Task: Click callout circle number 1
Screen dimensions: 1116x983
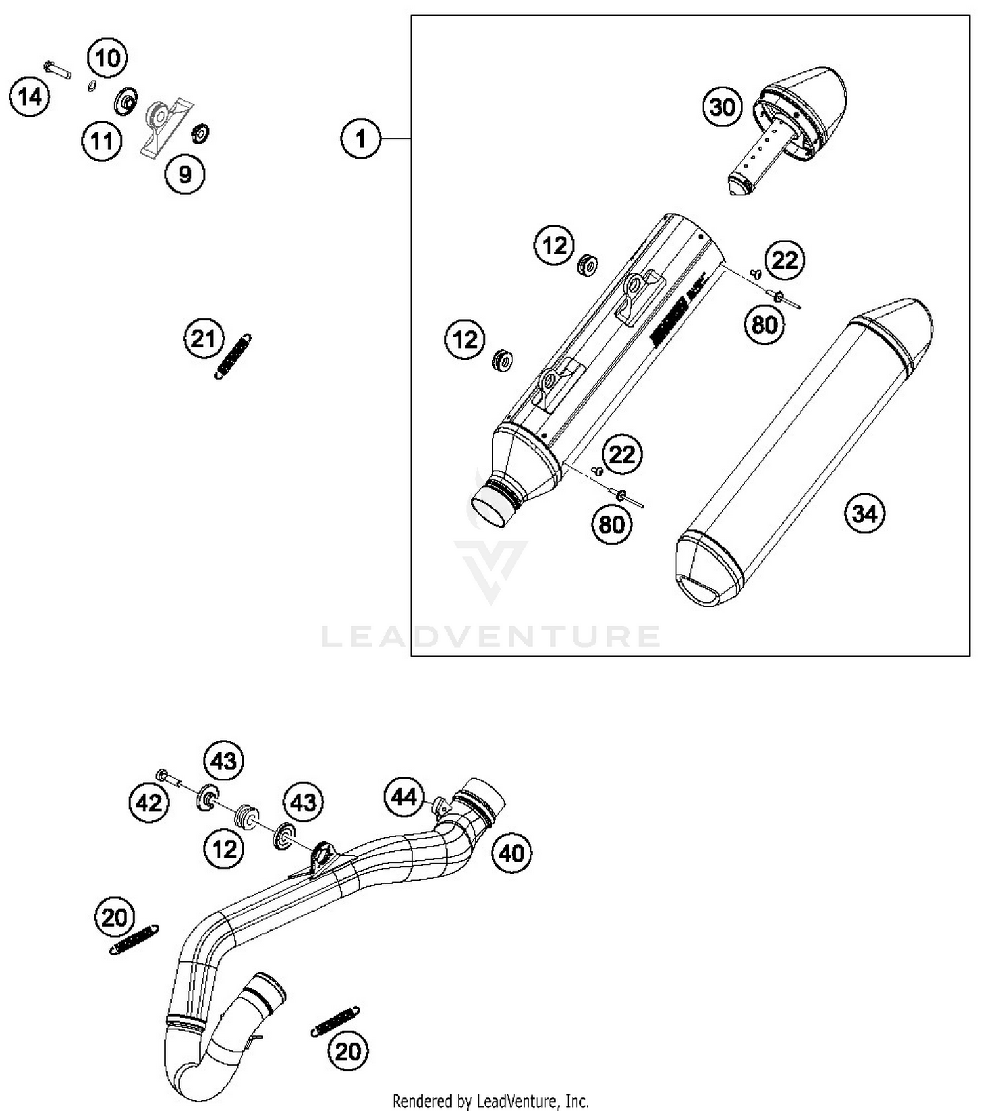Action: pyautogui.click(x=360, y=139)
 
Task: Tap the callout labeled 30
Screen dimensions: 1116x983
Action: pyautogui.click(x=722, y=107)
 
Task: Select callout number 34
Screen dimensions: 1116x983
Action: pyautogui.click(x=864, y=513)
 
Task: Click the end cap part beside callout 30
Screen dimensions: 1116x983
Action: pyautogui.click(x=793, y=118)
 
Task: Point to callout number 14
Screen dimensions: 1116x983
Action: pyautogui.click(x=29, y=98)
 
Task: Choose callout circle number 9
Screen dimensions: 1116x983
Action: pyautogui.click(x=185, y=174)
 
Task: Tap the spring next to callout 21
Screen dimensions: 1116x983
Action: pyautogui.click(x=233, y=356)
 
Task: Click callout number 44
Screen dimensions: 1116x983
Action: pyautogui.click(x=404, y=796)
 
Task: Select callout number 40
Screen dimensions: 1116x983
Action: pyautogui.click(x=511, y=853)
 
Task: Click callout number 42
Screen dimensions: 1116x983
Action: pyautogui.click(x=149, y=802)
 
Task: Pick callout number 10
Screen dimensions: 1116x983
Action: pyautogui.click(x=108, y=58)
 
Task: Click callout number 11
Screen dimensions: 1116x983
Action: pyautogui.click(x=102, y=140)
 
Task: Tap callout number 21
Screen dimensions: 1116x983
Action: pyautogui.click(x=203, y=339)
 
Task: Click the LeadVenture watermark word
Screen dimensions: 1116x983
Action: pyautogui.click(x=490, y=636)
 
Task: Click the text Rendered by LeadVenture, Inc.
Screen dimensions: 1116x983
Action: pyautogui.click(x=490, y=1100)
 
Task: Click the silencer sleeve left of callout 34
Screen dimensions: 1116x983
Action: pyautogui.click(x=803, y=452)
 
